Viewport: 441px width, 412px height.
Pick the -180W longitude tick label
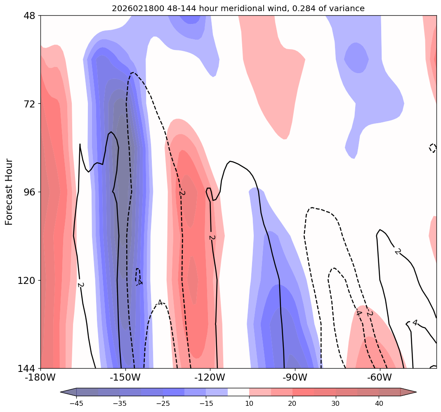tap(40, 377)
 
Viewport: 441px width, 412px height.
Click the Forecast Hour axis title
tap(9, 192)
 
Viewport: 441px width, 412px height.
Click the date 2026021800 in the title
tap(133, 8)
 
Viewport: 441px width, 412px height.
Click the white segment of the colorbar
tap(238, 392)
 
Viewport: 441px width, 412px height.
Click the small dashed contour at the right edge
tap(433, 148)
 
